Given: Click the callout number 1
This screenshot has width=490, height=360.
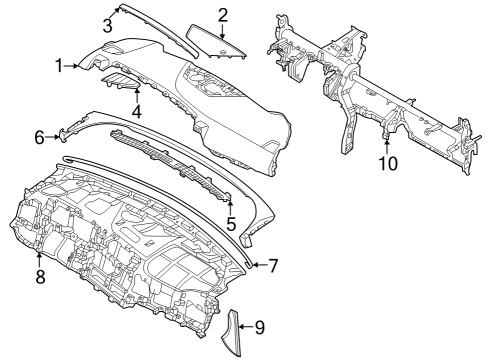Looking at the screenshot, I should coord(59,66).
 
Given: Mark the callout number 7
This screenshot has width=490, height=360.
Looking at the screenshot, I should coord(273,265).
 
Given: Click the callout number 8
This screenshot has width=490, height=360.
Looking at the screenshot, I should coord(40,277).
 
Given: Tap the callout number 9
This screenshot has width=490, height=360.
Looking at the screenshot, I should coord(259,326).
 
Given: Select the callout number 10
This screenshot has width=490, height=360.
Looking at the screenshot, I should coord(386,161).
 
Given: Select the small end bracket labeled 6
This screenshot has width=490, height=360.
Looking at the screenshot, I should coord(68,133).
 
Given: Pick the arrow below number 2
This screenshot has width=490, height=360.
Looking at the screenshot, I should coord(223,32).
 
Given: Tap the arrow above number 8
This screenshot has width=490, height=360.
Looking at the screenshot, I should coord(40,258).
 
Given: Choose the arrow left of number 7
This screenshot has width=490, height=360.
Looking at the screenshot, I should coord(255,265).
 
